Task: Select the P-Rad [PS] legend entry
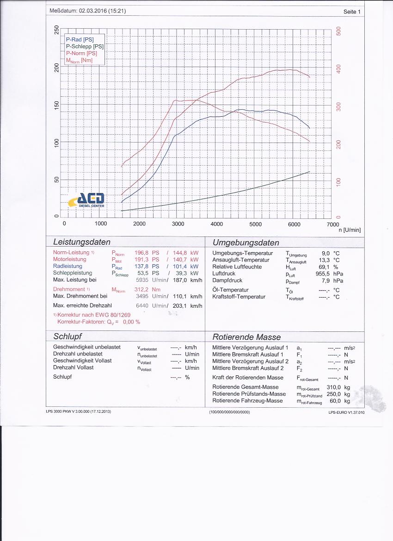click(80, 40)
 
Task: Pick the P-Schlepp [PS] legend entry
click(85, 46)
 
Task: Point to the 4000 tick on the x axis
click(217, 224)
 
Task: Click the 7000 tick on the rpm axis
click(332, 224)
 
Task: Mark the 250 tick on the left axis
click(56, 30)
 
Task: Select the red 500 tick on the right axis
click(338, 31)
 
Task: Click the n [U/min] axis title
click(349, 230)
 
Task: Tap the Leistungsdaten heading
click(82, 242)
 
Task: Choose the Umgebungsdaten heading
click(246, 243)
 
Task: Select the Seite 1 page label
click(352, 12)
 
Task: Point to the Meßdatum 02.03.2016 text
click(87, 11)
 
